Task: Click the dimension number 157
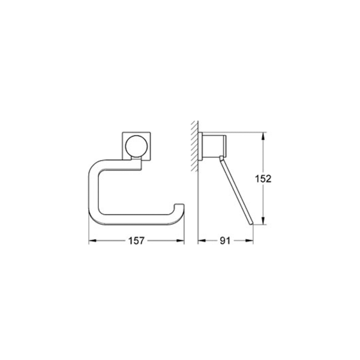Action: pos(136,241)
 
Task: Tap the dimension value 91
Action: pos(226,241)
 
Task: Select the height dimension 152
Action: pos(264,179)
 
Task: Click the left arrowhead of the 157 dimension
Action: pos(92,241)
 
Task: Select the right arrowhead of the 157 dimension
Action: pos(181,241)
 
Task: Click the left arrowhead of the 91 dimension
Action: pos(201,241)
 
